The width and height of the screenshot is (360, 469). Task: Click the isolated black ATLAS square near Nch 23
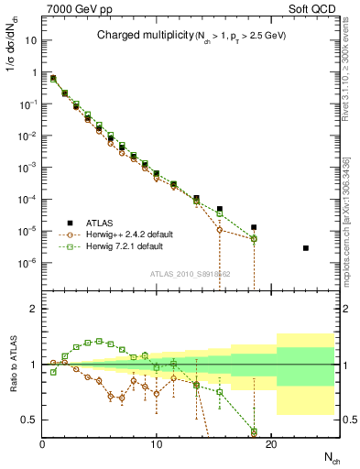coord(306,248)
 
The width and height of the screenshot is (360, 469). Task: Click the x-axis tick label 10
coord(157,444)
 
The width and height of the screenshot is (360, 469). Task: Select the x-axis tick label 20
coord(271,444)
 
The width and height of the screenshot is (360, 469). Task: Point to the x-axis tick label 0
coord(43,444)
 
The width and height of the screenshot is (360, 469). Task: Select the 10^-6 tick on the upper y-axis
coord(27,263)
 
